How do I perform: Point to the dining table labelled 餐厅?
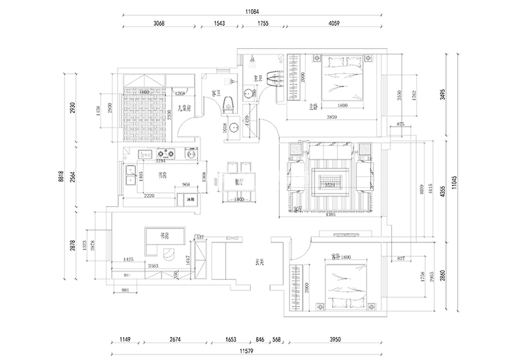tap(239, 182)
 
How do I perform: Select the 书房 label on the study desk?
tap(166, 235)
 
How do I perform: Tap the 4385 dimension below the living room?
tap(330, 215)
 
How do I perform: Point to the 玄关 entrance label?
tap(259, 263)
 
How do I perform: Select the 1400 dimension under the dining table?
tap(239, 199)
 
